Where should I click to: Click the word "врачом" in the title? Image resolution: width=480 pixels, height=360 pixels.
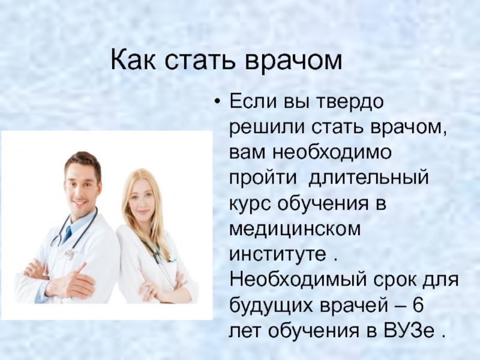(x=293, y=61)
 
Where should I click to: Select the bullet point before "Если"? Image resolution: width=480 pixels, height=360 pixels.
(x=217, y=101)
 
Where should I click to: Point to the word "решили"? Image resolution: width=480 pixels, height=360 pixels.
(x=267, y=128)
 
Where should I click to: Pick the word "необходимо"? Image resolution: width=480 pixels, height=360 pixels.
(x=332, y=152)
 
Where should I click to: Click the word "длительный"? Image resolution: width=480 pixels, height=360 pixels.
(x=368, y=178)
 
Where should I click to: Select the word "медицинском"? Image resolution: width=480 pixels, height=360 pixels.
(x=295, y=229)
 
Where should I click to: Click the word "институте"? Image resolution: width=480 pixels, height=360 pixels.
(x=278, y=254)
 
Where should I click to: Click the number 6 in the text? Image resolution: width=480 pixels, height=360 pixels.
(x=418, y=305)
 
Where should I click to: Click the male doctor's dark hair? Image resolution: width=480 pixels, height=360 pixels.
(x=82, y=162)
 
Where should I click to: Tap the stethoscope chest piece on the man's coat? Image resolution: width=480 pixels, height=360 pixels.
(x=70, y=254)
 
